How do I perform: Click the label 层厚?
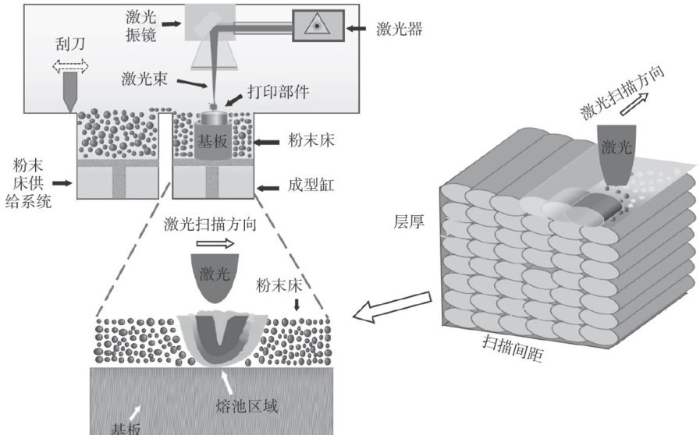point(407,221)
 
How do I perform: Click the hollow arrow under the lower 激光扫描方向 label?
point(214,243)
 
